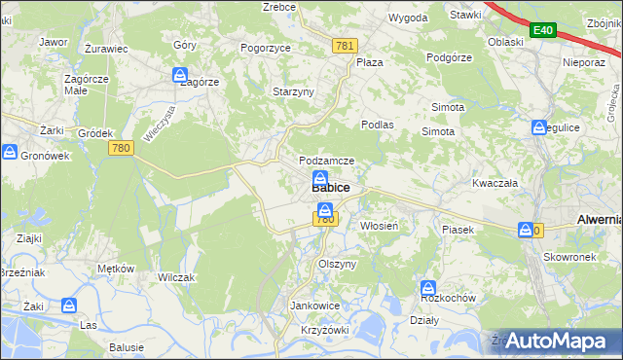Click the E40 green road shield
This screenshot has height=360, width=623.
coord(542,31)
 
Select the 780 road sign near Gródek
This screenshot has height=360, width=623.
coord(121,148)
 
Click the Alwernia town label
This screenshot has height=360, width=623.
coord(599,220)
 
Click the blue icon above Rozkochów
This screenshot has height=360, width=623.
coord(427,288)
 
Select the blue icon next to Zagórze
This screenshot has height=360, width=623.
coord(180,75)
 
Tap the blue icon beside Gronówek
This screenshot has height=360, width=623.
coord(10,153)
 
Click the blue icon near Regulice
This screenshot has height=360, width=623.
coord(539,127)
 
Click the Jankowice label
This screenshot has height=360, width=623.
coord(314,306)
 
